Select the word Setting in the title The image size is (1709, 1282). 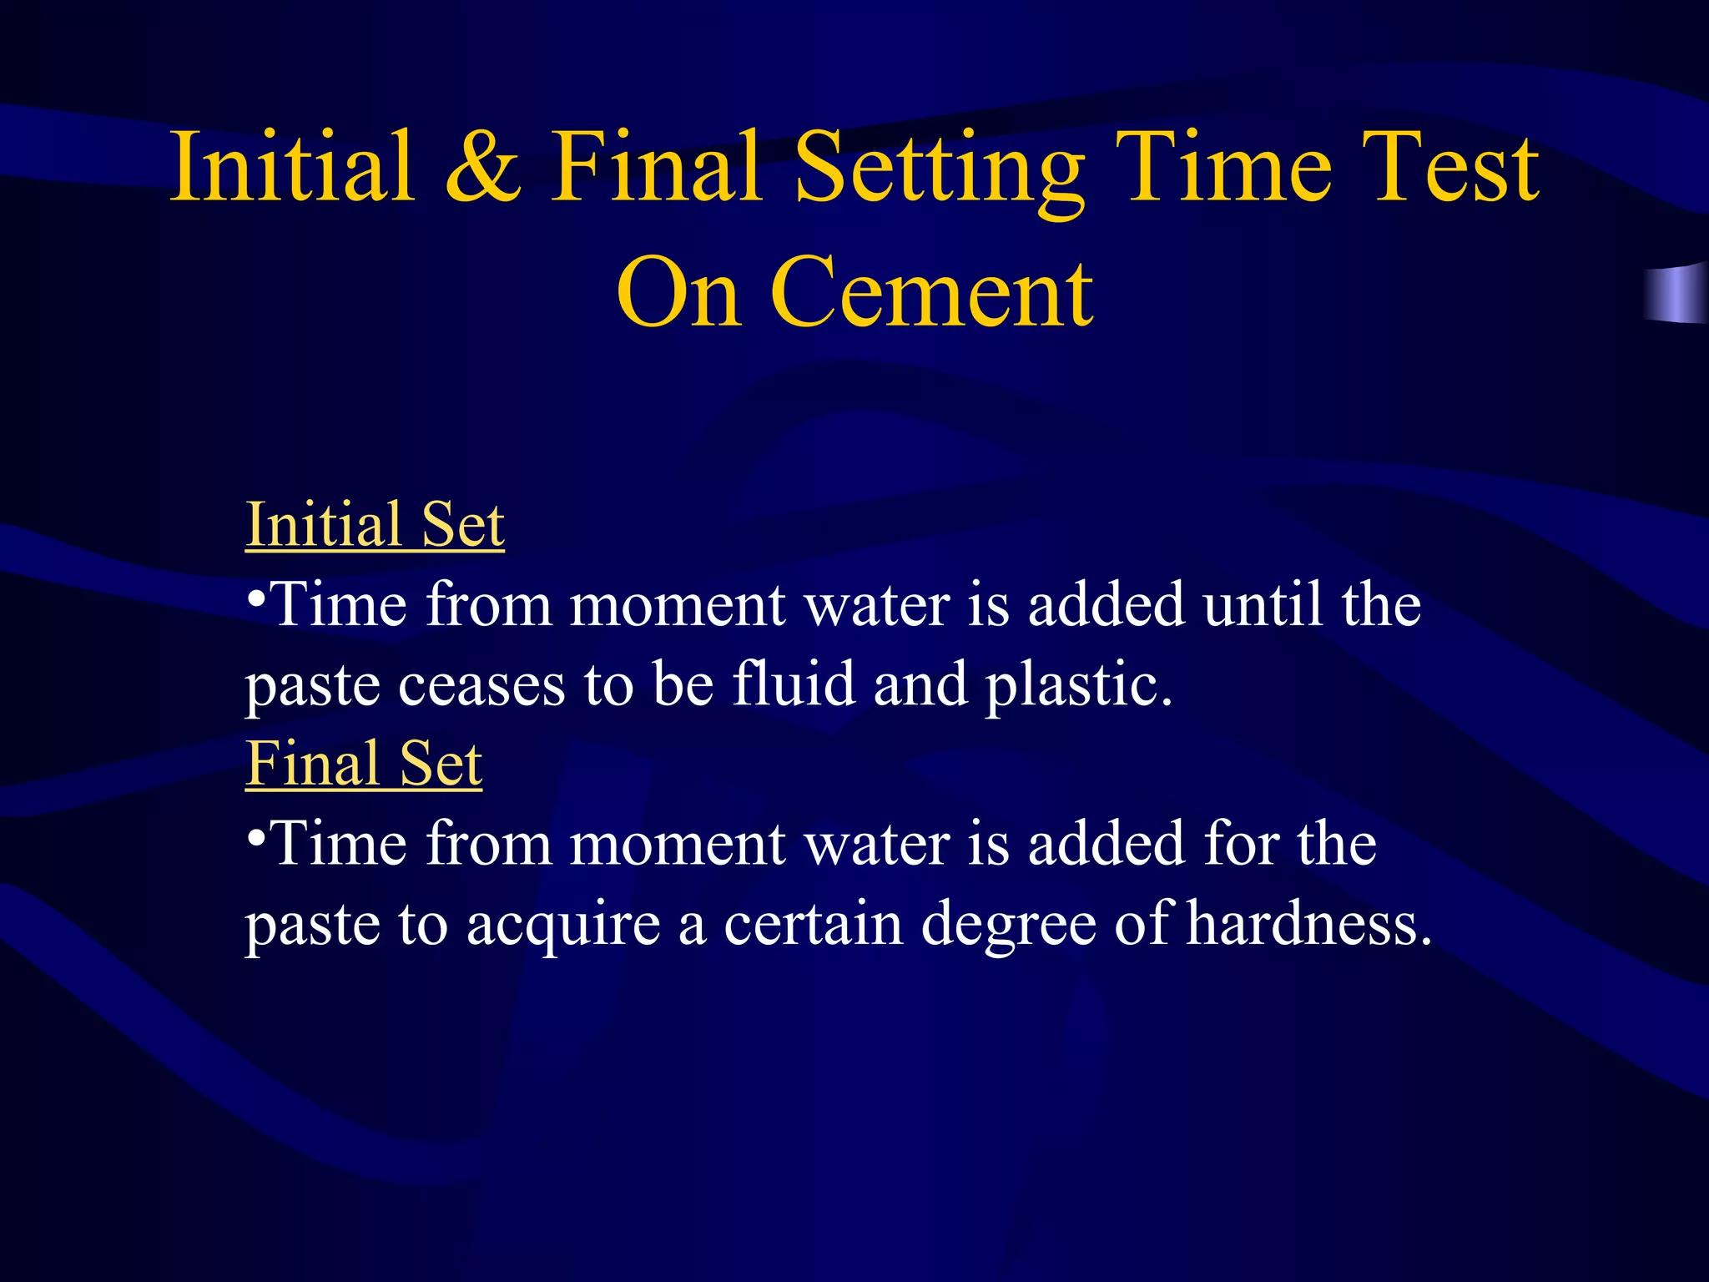[x=940, y=170]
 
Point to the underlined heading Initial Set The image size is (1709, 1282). [x=375, y=525]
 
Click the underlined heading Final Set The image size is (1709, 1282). [x=364, y=764]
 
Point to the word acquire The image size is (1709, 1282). [x=563, y=926]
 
